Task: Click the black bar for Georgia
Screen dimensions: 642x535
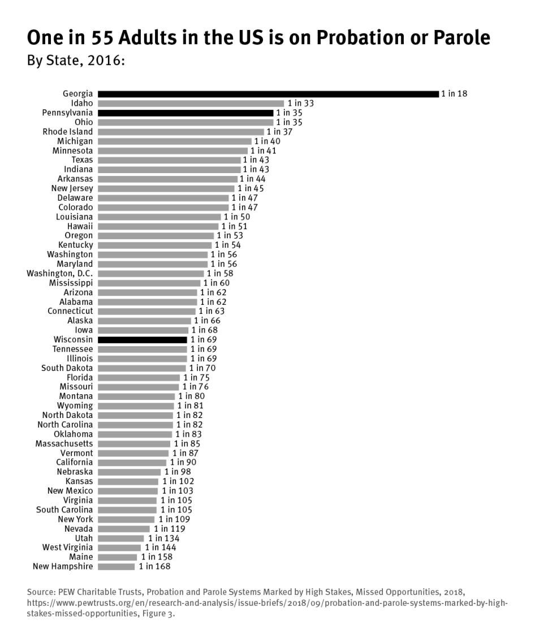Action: pyautogui.click(x=268, y=94)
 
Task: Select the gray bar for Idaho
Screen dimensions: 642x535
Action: pyautogui.click(x=191, y=104)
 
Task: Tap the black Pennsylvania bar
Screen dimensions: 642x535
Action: pyautogui.click(x=185, y=113)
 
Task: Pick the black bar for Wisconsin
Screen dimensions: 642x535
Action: pyautogui.click(x=142, y=339)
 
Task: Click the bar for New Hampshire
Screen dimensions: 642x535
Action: pyautogui.click(x=117, y=566)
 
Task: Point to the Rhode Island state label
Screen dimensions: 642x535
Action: pyautogui.click(x=68, y=132)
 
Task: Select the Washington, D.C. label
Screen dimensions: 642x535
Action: pyautogui.click(x=60, y=273)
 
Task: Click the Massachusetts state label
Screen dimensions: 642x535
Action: pyautogui.click(x=64, y=443)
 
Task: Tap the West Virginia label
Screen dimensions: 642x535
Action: pyautogui.click(x=67, y=547)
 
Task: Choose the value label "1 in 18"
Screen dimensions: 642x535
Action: pyautogui.click(x=454, y=94)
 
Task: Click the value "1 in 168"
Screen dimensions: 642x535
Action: pyautogui.click(x=154, y=566)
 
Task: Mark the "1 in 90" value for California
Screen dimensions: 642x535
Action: pyautogui.click(x=183, y=462)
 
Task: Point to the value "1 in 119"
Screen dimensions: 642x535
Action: pyautogui.click(x=169, y=528)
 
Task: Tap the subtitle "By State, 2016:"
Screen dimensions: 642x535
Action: pyautogui.click(x=76, y=61)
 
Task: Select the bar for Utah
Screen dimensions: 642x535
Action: pyautogui.click(x=121, y=538)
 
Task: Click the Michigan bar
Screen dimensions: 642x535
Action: pyautogui.click(x=174, y=141)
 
